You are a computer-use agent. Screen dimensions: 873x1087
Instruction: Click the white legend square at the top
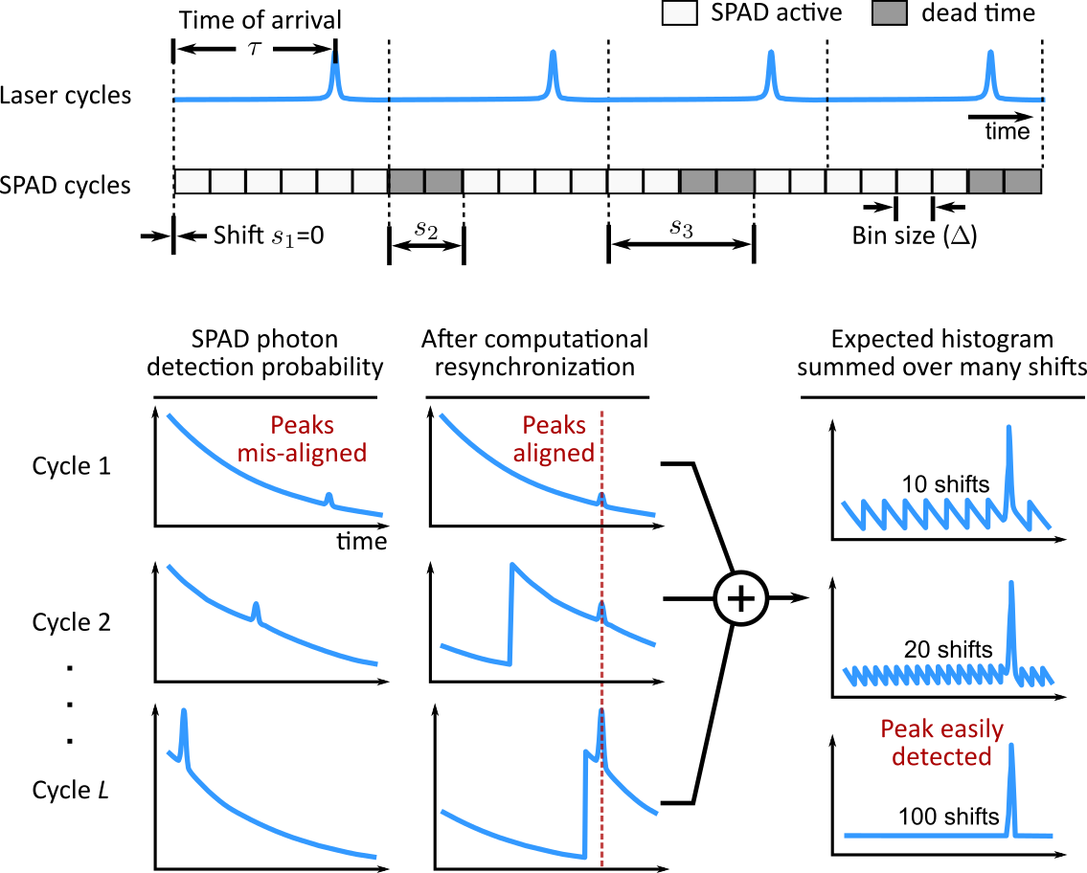coord(680,13)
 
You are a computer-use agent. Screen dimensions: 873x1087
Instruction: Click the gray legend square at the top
coord(889,13)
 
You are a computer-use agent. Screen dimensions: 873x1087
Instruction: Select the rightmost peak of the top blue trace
coord(990,61)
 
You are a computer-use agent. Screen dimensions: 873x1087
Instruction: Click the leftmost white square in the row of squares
coord(192,181)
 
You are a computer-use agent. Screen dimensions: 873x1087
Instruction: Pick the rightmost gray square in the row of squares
coord(1023,181)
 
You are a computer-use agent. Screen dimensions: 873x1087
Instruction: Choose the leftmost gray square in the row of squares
coord(407,181)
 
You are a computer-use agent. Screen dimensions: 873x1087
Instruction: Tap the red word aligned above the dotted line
coord(554,453)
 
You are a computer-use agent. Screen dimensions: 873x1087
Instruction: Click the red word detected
coord(941,756)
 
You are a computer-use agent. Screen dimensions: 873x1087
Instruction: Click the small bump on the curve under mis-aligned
coord(329,498)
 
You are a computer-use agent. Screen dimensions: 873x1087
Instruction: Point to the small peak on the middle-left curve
coord(255,608)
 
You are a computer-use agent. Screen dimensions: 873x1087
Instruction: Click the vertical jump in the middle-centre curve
coord(511,613)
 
